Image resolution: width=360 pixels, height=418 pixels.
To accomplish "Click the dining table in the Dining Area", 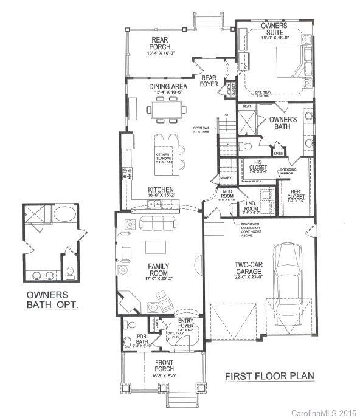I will point(166,110).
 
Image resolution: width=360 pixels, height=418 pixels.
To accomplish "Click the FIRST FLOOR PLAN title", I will point(269,376).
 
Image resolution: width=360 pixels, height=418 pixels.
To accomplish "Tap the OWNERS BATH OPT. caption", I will point(52,300).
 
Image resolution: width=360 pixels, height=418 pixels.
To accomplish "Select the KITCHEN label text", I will point(161,190).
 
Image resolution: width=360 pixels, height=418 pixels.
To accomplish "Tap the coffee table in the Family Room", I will point(157,246).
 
